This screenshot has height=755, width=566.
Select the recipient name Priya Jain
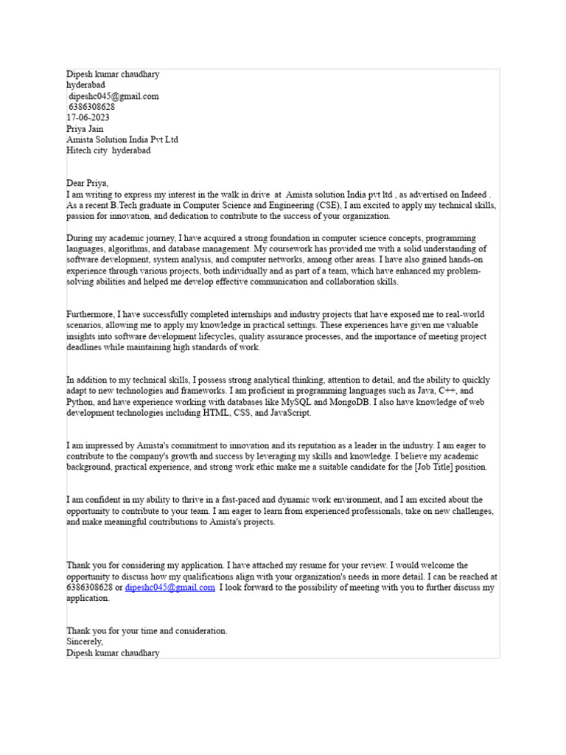click(86, 128)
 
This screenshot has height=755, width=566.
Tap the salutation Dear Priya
click(87, 183)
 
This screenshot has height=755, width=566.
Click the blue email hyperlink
click(170, 588)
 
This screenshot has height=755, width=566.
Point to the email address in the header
click(113, 96)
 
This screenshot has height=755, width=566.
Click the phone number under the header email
click(91, 107)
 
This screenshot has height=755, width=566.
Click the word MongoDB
click(346, 402)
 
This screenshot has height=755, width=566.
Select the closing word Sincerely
click(85, 642)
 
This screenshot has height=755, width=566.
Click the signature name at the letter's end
click(113, 653)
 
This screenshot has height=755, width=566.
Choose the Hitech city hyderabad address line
click(108, 150)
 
